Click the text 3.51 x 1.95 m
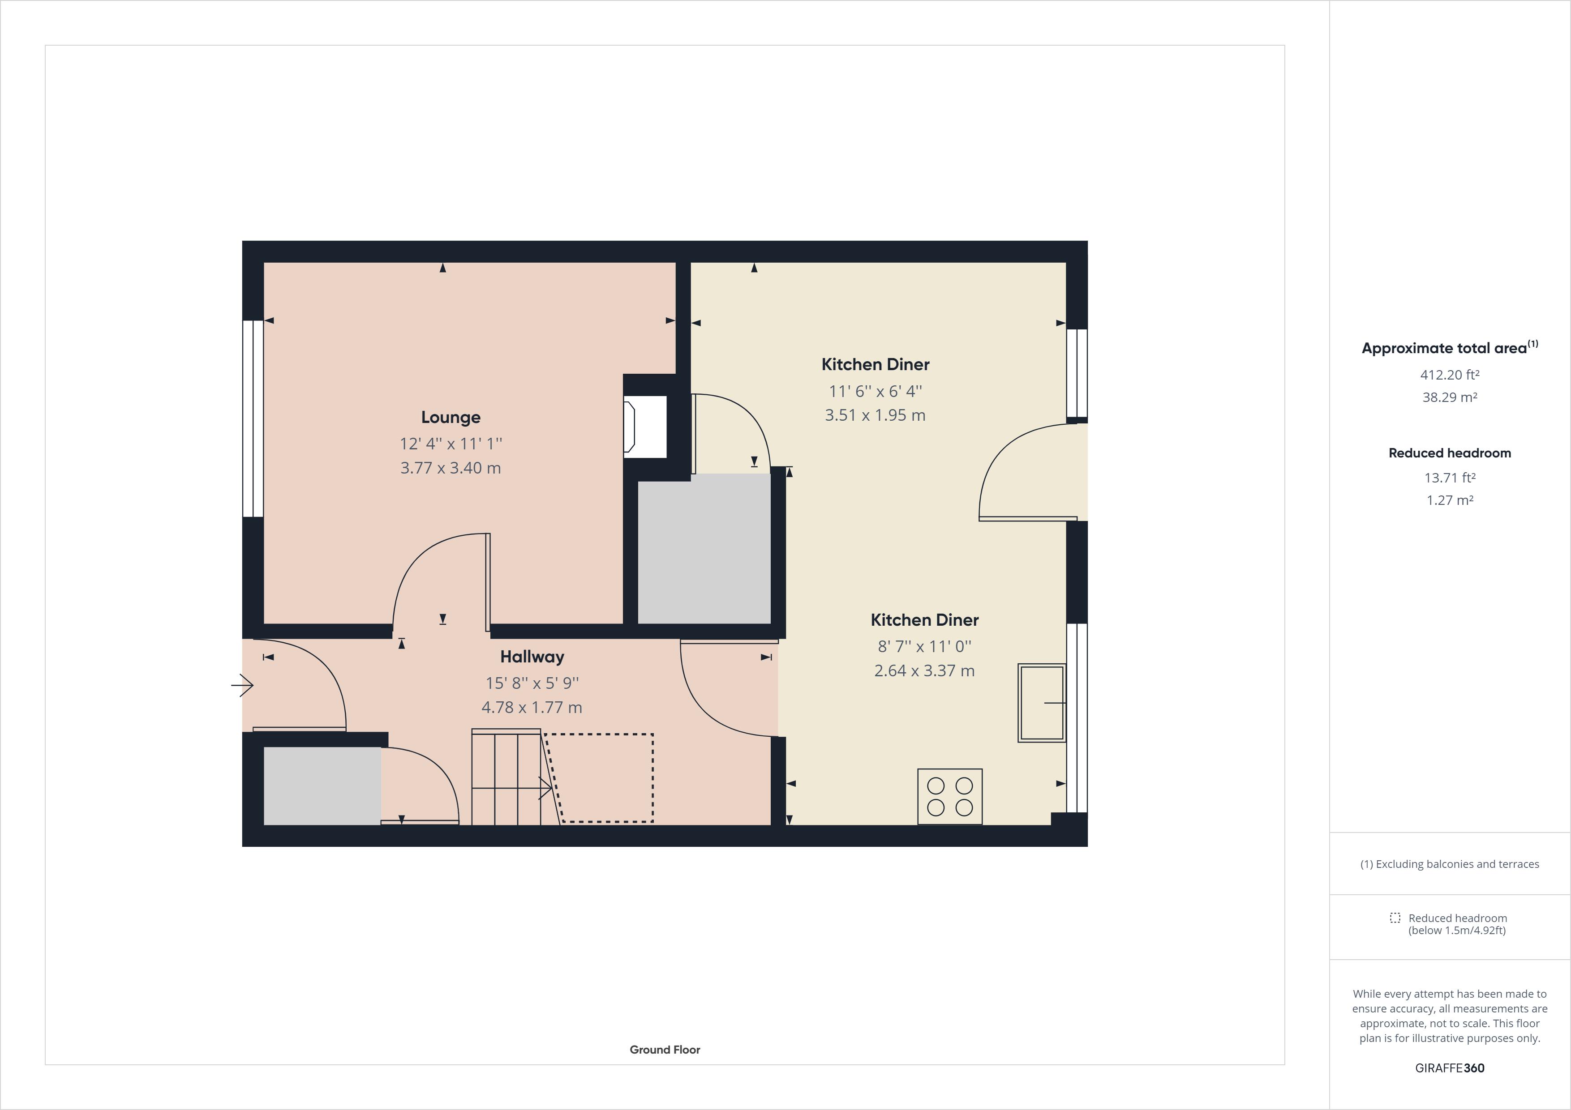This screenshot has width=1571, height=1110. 875,415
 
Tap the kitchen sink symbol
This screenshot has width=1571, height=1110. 1041,702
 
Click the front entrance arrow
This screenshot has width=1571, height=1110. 242,685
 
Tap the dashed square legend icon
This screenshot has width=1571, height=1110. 1395,918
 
